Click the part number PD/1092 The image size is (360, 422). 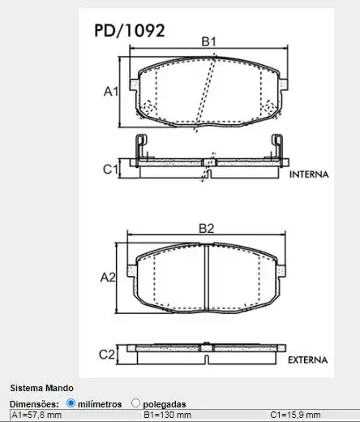pyautogui.click(x=131, y=31)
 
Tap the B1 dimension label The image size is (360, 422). pyautogui.click(x=208, y=41)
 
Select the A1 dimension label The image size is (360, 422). pyautogui.click(x=111, y=92)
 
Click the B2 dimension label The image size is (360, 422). pyautogui.click(x=206, y=228)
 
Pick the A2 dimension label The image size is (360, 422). pyautogui.click(x=109, y=278)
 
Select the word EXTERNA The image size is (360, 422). pyautogui.click(x=306, y=360)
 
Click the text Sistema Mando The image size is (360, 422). pyautogui.click(x=41, y=388)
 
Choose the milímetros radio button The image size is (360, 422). pyautogui.click(x=71, y=403)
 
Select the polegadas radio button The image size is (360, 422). pyautogui.click(x=135, y=403)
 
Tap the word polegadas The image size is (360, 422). pyautogui.click(x=165, y=403)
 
